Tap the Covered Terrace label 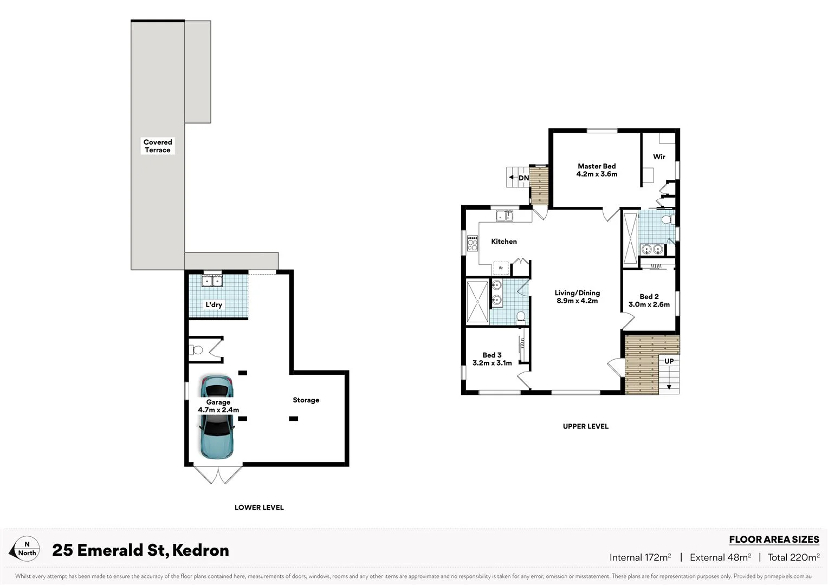158,146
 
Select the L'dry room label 214,304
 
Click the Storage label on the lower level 306,400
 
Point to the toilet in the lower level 195,350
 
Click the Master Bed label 597,166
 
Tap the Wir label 659,157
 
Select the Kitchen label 504,242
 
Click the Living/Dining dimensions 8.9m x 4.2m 577,301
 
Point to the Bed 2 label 649,296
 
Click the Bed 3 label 492,355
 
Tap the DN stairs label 523,178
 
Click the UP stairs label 669,361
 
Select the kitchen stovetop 473,243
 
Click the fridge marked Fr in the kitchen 501,268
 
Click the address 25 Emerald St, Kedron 140,550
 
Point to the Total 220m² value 793,557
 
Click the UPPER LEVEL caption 585,426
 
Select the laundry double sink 212,281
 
